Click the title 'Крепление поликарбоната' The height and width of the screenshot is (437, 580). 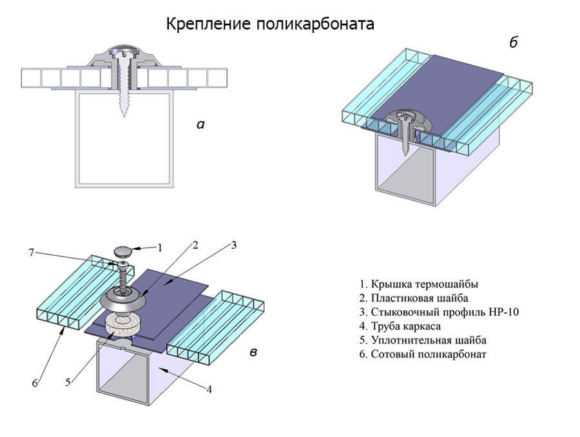coord(270,24)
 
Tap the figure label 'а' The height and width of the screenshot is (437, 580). coord(200,124)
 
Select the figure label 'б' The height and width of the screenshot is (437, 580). coord(514,43)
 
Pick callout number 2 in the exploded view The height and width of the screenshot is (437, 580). coord(195,245)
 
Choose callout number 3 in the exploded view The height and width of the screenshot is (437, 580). coord(234,244)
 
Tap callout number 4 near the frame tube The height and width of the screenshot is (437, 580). coord(209,389)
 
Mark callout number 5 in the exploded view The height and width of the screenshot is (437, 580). coord(68,382)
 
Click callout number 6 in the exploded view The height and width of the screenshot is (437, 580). coord(36,384)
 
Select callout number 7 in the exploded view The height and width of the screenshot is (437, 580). coord(30,252)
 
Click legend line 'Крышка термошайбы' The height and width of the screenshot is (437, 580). coord(419,284)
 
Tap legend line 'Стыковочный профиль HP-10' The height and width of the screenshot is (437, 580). coord(440,312)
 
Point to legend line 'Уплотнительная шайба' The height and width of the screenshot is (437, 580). coord(423,340)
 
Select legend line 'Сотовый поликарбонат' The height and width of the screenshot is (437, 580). coord(423,354)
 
